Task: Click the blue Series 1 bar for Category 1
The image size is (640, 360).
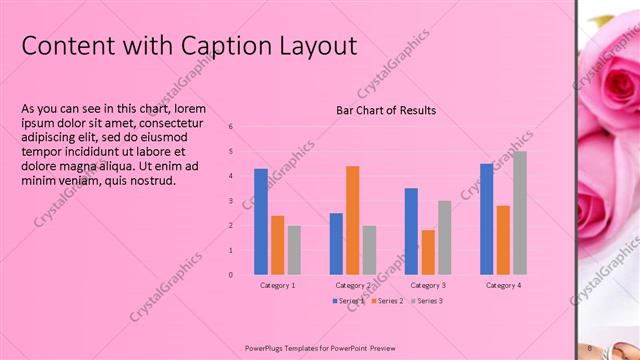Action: coord(261,221)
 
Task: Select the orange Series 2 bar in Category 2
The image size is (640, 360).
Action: coord(352,220)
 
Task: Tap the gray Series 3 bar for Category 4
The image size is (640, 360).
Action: coord(519,213)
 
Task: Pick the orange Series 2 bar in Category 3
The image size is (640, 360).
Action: coord(428,252)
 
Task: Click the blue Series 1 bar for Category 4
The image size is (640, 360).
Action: coord(486,219)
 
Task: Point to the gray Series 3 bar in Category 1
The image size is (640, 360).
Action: coord(294,250)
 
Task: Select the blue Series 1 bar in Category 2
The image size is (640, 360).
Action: coord(336,243)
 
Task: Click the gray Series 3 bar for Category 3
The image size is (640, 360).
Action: coord(444,237)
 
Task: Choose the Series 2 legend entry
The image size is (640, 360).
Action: coord(387,301)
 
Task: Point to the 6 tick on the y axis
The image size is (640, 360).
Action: coord(231,127)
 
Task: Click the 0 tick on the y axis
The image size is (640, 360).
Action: coord(231,274)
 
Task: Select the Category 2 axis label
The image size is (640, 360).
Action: coord(352,286)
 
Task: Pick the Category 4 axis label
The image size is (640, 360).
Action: coord(503,286)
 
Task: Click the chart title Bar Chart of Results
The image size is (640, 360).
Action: coord(386,110)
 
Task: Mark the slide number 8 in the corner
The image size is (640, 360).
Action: coord(591,347)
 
